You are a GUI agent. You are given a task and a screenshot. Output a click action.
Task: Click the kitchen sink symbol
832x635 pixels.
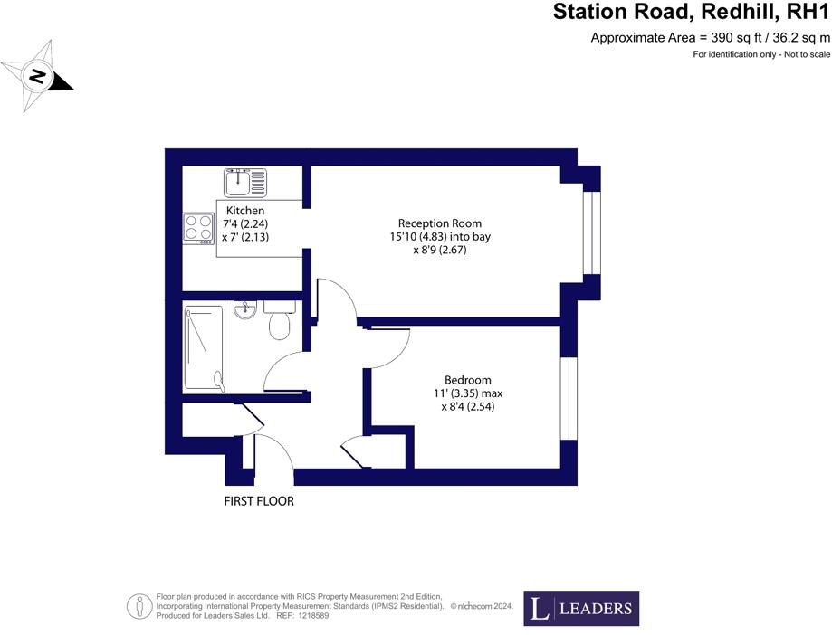pyautogui.click(x=244, y=183)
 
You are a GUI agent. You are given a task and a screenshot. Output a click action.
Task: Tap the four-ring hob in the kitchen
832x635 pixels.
pyautogui.click(x=197, y=227)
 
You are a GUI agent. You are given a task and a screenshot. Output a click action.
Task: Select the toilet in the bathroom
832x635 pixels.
pyautogui.click(x=280, y=320)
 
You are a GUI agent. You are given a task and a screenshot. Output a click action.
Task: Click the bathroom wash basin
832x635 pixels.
pyautogui.click(x=244, y=311)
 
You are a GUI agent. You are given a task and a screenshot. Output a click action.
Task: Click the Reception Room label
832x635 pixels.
pyautogui.click(x=440, y=223)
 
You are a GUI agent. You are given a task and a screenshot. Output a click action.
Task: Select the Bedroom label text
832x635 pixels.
pyautogui.click(x=467, y=380)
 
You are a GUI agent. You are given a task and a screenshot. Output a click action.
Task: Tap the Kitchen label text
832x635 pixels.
pyautogui.click(x=245, y=211)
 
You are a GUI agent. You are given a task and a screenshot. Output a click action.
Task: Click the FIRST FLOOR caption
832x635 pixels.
pyautogui.click(x=259, y=500)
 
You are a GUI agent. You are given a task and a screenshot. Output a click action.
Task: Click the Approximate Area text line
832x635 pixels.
pyautogui.click(x=710, y=38)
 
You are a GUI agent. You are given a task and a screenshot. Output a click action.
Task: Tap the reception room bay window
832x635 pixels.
pyautogui.click(x=590, y=232)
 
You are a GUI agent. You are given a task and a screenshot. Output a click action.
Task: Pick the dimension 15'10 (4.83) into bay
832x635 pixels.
pyautogui.click(x=440, y=237)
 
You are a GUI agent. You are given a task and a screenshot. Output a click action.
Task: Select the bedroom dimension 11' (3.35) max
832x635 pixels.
pyautogui.click(x=467, y=393)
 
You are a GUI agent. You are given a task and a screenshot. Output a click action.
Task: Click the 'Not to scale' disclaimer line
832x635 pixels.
pyautogui.click(x=760, y=55)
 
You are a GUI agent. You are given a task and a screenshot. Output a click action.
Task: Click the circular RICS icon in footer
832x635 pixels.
pyautogui.click(x=139, y=605)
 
